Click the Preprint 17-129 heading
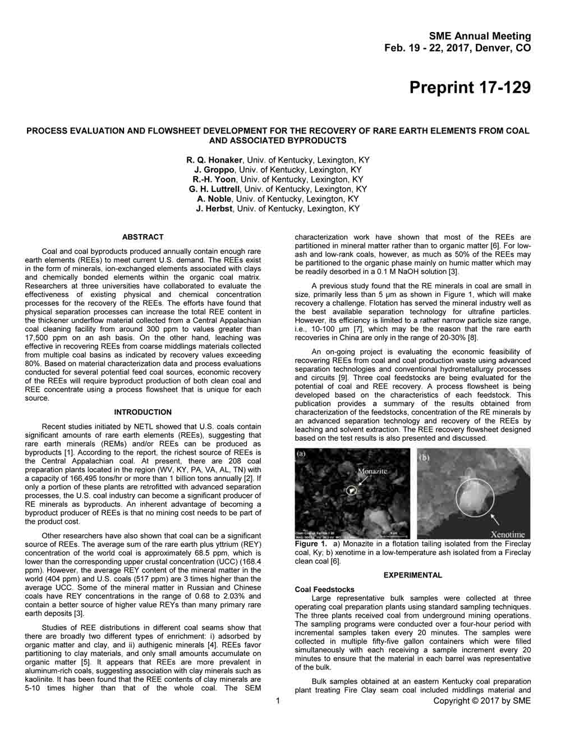(470, 88)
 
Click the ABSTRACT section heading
(143, 237)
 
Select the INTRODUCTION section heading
(143, 412)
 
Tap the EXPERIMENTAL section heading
(412, 575)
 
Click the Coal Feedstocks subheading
(324, 590)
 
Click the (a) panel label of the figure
(301, 454)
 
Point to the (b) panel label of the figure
(425, 457)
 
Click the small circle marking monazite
(351, 490)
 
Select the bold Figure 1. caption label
(310, 544)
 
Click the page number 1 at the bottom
(278, 700)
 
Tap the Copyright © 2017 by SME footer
(482, 700)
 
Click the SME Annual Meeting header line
(480, 36)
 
